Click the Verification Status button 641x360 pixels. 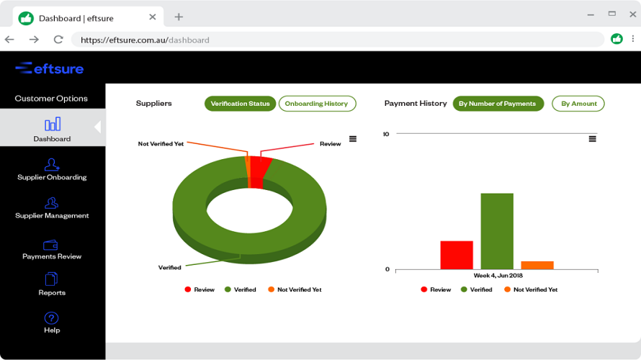[240, 104]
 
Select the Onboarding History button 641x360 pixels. [317, 104]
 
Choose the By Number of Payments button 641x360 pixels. [498, 104]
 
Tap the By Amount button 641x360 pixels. [578, 104]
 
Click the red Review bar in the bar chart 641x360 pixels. [457, 255]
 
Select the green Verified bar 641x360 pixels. [497, 231]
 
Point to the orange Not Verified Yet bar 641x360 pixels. [537, 265]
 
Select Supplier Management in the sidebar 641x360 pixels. [52, 208]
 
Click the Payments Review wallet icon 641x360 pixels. [51, 245]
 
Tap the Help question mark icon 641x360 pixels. [51, 318]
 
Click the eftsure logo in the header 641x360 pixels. [50, 68]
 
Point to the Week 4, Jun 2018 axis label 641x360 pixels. [498, 276]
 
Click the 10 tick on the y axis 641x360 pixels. [386, 134]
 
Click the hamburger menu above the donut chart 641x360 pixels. [353, 139]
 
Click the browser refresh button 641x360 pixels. [58, 40]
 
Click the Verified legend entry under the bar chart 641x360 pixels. [476, 289]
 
